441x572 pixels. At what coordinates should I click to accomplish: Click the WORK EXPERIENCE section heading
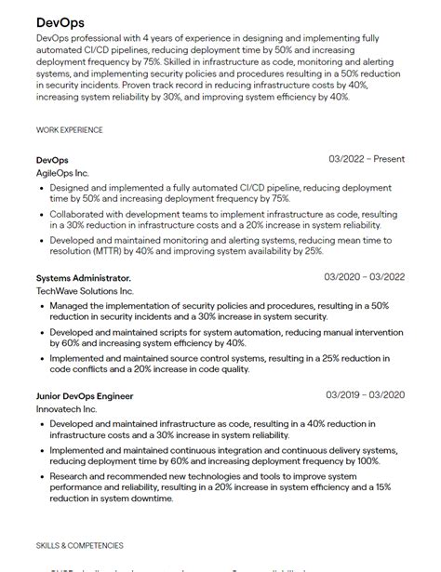pos(70,130)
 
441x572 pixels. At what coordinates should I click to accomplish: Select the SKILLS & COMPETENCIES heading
pos(80,545)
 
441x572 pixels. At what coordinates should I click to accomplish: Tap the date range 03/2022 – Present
pos(367,159)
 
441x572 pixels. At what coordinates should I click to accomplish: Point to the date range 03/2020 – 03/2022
pos(364,277)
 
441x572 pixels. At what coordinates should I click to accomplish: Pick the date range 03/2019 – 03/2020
pos(364,395)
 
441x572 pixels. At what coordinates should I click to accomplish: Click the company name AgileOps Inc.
pos(63,173)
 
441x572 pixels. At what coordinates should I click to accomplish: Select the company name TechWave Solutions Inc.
pos(85,291)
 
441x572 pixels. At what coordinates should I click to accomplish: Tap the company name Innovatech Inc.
pos(66,409)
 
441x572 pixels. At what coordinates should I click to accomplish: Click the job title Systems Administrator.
pos(84,278)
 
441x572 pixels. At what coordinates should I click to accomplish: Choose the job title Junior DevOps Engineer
pos(85,396)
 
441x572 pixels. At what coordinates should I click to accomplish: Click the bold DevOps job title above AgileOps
pos(52,160)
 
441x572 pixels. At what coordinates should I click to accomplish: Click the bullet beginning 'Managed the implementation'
pos(219,311)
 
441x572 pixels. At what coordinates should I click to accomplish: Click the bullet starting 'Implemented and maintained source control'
pos(219,363)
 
